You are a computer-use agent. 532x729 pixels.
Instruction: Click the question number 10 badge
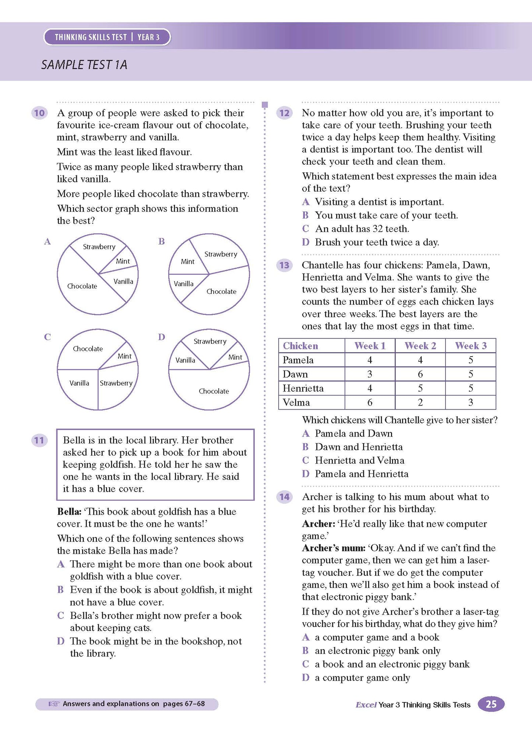point(39,113)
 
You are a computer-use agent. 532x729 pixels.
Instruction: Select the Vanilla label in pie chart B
point(183,284)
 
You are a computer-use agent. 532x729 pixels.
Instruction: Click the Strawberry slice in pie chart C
point(116,383)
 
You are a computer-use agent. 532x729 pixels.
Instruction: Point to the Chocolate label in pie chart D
point(214,391)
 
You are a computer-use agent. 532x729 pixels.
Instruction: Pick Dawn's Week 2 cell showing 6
point(420,374)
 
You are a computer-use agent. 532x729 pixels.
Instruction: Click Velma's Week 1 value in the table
point(370,403)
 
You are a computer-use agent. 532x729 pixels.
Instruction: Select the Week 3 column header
point(471,346)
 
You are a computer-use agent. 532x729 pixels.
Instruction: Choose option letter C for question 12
point(306,229)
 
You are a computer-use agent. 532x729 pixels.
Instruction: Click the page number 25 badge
point(491,704)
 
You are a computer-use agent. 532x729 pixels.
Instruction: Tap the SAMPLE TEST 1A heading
point(84,65)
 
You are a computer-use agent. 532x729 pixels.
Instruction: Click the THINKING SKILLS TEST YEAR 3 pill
point(107,37)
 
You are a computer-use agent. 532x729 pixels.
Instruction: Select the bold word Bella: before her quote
point(69,512)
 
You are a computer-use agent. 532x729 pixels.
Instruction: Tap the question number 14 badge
point(284,497)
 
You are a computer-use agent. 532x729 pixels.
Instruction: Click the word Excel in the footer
point(366,705)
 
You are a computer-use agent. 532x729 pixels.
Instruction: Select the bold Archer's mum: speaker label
point(333,548)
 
